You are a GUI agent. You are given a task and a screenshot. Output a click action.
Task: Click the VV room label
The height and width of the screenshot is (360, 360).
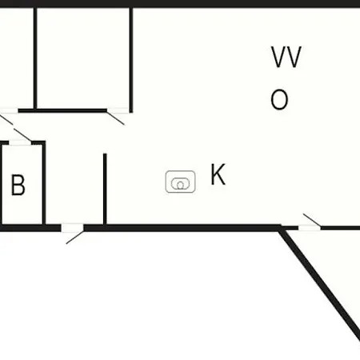point(286,57)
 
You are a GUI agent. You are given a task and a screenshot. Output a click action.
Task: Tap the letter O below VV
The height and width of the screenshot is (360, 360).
point(279,99)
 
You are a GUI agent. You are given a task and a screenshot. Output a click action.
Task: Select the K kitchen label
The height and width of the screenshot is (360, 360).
point(218,174)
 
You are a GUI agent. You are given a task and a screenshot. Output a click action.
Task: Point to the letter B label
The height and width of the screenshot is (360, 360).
point(18,185)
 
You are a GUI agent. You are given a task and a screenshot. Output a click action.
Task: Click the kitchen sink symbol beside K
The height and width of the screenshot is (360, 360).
point(180,182)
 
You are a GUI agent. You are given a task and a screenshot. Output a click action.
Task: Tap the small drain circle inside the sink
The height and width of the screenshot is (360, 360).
point(181,186)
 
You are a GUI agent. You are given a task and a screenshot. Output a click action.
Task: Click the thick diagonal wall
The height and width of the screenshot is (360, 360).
point(320,283)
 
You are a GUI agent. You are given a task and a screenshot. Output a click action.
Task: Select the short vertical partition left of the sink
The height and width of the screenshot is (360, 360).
point(105,190)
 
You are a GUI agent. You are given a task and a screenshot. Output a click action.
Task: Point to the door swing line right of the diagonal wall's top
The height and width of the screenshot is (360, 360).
point(312,220)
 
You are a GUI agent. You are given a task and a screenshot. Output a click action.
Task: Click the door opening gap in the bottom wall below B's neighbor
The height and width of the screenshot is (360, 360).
point(72,228)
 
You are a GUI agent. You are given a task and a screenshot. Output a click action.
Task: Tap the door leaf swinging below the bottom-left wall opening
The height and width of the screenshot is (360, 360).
point(75,238)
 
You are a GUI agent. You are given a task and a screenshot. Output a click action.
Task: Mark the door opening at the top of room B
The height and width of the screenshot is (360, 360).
point(20,143)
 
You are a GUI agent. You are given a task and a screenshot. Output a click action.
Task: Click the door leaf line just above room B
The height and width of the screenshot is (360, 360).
point(22,134)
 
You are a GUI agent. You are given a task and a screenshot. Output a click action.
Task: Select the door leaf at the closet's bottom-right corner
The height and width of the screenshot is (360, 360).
point(115,118)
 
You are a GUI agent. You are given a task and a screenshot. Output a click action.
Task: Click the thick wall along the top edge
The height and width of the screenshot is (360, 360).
point(180,3)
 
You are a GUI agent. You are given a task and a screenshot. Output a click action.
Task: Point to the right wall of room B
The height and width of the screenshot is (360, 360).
point(44,184)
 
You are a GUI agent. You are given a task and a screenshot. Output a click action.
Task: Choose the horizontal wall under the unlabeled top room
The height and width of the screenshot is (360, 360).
point(62,110)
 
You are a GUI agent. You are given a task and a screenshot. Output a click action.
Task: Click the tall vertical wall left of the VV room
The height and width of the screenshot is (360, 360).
point(131,60)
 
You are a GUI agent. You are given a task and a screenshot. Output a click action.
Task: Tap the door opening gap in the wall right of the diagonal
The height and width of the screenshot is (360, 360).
point(310,228)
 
